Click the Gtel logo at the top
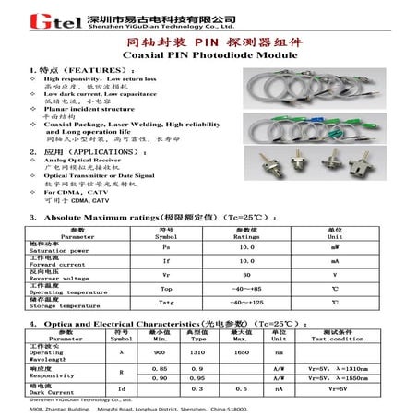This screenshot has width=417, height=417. (x=37, y=19)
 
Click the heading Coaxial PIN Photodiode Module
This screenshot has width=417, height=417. (x=208, y=56)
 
